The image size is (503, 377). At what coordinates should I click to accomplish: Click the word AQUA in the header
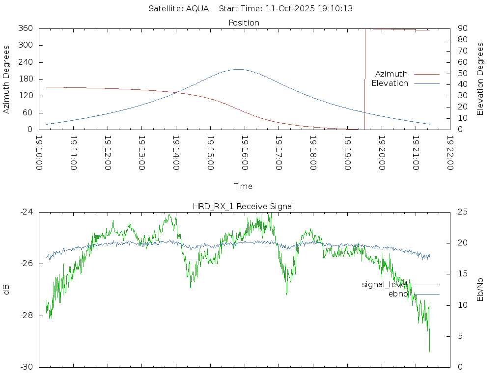(x=197, y=9)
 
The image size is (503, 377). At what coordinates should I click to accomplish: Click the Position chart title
(x=244, y=23)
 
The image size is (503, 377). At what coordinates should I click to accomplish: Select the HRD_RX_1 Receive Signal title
(x=243, y=206)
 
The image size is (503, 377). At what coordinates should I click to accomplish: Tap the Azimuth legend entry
(x=391, y=74)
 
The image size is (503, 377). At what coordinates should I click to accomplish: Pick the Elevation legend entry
(x=390, y=83)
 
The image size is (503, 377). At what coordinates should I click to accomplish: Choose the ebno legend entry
(x=398, y=294)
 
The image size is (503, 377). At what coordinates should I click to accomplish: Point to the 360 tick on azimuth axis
(x=26, y=28)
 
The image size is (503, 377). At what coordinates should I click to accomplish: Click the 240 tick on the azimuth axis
(x=26, y=62)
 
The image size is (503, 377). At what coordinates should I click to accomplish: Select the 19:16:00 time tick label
(x=244, y=153)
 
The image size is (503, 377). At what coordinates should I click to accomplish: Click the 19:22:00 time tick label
(x=449, y=153)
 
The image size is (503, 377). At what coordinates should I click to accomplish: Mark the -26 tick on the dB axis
(x=26, y=264)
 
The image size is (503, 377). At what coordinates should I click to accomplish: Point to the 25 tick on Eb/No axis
(x=462, y=212)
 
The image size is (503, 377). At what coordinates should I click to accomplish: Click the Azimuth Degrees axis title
(x=7, y=79)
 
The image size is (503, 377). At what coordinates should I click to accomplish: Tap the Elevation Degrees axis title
(x=480, y=79)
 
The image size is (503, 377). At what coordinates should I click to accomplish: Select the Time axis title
(x=243, y=187)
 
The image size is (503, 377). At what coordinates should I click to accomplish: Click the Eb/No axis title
(x=480, y=290)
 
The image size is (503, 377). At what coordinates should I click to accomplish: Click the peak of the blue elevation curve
(x=238, y=69)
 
